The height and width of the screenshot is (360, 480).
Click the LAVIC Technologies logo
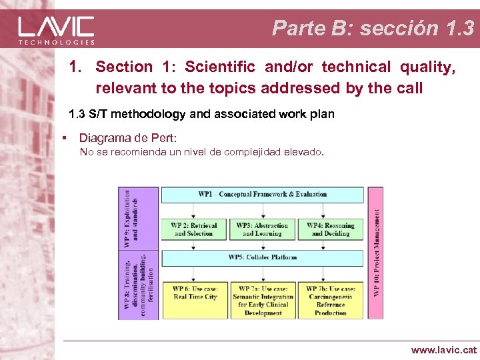[x=56, y=29]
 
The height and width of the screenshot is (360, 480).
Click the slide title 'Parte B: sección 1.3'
[x=373, y=28]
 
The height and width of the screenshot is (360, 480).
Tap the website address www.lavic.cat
[x=443, y=349]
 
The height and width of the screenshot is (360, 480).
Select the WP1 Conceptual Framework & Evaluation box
[x=263, y=195]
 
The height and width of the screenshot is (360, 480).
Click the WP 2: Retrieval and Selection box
[x=193, y=229]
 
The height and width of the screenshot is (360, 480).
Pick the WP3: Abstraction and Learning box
[x=262, y=229]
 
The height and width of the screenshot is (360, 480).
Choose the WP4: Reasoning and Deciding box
[x=331, y=229]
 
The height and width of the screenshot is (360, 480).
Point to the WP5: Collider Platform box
[x=263, y=257]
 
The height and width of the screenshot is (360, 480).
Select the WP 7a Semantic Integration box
[x=263, y=301]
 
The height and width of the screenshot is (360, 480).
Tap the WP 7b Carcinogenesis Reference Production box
[x=331, y=301]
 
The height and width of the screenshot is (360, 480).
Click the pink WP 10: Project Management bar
[x=376, y=253]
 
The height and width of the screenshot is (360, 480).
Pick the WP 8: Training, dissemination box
[x=139, y=283]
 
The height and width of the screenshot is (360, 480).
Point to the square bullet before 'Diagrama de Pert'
[x=63, y=138]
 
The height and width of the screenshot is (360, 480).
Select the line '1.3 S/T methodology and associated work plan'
[x=201, y=114]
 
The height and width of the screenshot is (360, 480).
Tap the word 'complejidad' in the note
[x=241, y=152]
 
